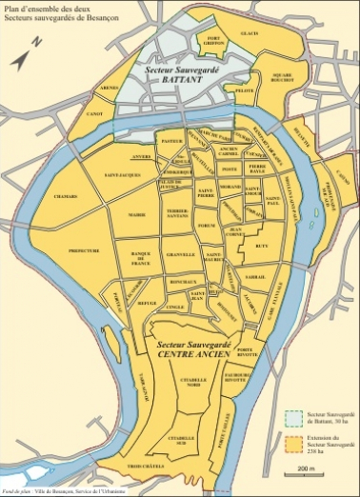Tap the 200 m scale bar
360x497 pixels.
pyautogui.click(x=305, y=472)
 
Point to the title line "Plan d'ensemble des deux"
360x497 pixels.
pyautogui.click(x=45, y=7)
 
